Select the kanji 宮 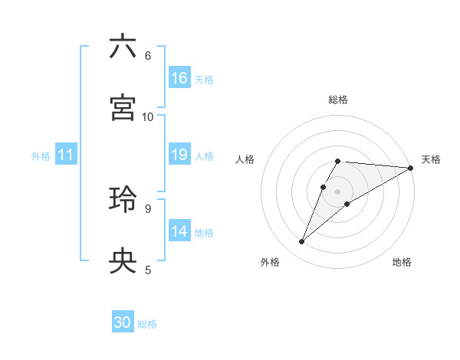(x=123, y=108)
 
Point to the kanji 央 (x=123, y=261)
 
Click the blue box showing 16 (x=179, y=77)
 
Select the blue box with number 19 (x=179, y=155)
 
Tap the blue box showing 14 (x=179, y=231)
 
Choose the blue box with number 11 (x=66, y=155)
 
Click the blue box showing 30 (x=123, y=322)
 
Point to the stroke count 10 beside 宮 (x=148, y=116)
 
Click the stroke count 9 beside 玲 (x=147, y=208)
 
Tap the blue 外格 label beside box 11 (x=41, y=156)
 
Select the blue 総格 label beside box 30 (x=147, y=324)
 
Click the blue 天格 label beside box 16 (x=204, y=79)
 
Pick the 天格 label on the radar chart (x=431, y=159)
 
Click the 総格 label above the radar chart (x=338, y=100)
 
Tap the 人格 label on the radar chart (x=245, y=159)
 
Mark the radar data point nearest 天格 (x=410, y=168)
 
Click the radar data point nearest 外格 (x=302, y=242)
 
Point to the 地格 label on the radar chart (x=402, y=262)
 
